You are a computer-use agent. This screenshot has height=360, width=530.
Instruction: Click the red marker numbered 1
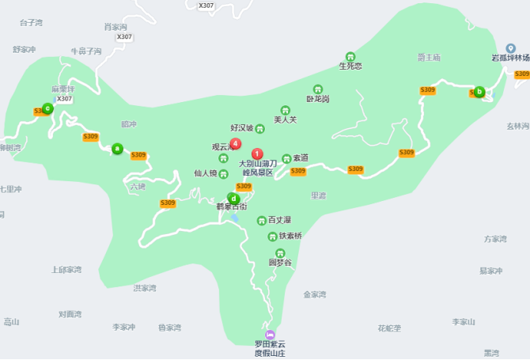(x=256, y=153)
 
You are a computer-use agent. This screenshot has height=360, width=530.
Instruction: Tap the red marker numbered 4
(x=235, y=143)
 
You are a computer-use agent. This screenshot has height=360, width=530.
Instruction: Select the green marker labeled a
(x=117, y=148)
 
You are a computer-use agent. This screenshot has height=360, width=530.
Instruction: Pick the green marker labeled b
(x=479, y=91)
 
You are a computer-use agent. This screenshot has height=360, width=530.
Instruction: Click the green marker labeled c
(x=47, y=108)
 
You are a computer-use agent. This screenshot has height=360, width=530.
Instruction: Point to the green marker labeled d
(x=233, y=198)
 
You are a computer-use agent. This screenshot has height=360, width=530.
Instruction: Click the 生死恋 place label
(x=350, y=66)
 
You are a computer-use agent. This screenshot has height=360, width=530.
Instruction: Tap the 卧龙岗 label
(x=318, y=99)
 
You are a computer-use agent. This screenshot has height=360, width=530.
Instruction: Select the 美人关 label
(x=285, y=119)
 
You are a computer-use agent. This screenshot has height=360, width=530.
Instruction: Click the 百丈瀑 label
(x=279, y=219)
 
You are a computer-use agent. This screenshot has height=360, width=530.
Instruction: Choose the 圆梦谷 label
(x=280, y=262)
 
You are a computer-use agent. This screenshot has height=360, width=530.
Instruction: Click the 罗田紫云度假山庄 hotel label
(x=270, y=348)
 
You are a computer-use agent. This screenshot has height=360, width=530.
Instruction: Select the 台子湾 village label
(x=32, y=22)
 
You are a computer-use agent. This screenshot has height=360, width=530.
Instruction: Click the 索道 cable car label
(x=300, y=158)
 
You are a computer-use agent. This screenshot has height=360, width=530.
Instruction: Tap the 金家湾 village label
(x=315, y=294)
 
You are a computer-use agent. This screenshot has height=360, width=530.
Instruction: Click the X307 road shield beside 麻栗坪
(x=64, y=99)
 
